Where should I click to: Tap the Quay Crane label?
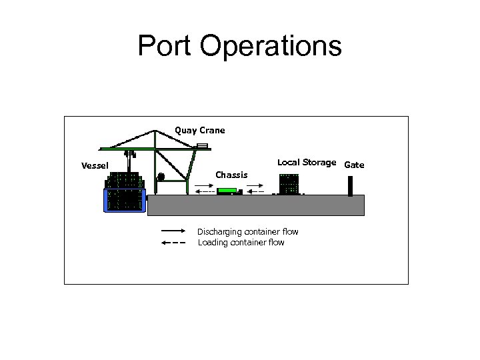tap(199, 130)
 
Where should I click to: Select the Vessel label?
tap(95, 165)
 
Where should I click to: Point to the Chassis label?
tap(231, 175)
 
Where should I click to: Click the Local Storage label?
tap(307, 162)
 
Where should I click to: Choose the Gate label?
tap(355, 165)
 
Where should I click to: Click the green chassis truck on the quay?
tap(228, 191)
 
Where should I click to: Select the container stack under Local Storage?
tap(289, 184)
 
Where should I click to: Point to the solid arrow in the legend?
tap(173, 231)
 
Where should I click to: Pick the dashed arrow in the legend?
tap(173, 243)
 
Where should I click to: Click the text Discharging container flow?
tap(247, 232)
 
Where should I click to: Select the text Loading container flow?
tap(241, 243)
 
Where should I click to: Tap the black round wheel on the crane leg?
tap(161, 177)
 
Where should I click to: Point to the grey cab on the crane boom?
tap(202, 145)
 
